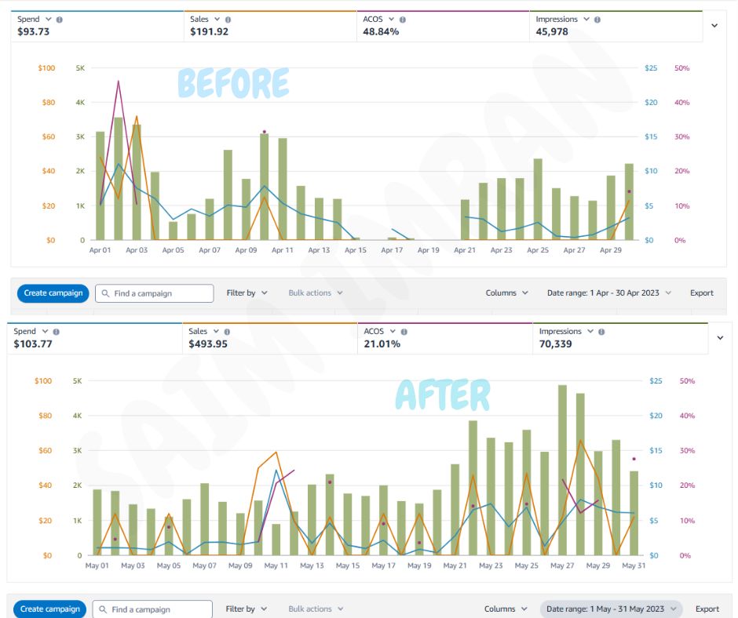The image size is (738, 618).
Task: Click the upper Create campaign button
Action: click(x=53, y=293)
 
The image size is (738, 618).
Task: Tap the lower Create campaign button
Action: click(x=49, y=609)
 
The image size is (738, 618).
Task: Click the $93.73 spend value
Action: click(x=35, y=32)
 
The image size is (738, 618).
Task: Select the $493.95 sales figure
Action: click(x=208, y=344)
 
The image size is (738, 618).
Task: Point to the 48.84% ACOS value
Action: click(x=381, y=32)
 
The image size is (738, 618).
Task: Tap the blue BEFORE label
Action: click(x=233, y=82)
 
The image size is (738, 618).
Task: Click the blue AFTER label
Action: click(x=443, y=394)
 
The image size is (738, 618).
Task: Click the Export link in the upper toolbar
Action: click(x=702, y=293)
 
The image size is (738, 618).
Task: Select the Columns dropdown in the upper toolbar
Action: click(x=506, y=293)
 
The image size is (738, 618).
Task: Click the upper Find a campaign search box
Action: click(x=155, y=293)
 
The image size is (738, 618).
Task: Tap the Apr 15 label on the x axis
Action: click(x=355, y=250)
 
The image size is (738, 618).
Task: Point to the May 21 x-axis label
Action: click(x=455, y=565)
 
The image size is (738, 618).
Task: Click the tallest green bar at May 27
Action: click(x=562, y=471)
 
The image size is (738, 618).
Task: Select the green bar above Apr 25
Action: click(x=538, y=200)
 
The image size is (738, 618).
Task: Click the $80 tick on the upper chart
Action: click(x=48, y=103)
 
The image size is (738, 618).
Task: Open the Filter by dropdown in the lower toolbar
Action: click(x=247, y=609)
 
